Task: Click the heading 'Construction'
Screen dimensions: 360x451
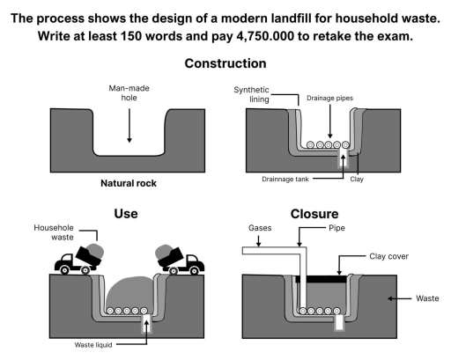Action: [x=225, y=64]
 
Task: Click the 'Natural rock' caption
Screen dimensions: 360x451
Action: [x=129, y=187]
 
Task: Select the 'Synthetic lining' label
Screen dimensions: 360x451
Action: [x=252, y=94]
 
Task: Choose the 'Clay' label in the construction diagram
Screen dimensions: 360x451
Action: [x=357, y=179]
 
